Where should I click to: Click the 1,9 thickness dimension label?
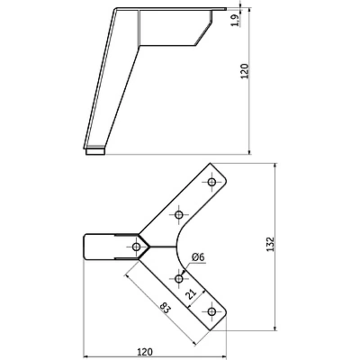pos(236,20)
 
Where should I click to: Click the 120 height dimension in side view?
pos(245,71)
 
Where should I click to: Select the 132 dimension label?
pos(271,244)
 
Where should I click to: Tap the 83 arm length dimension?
pos(166,308)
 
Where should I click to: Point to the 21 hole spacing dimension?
pos(191,294)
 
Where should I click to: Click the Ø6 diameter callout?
pos(198,257)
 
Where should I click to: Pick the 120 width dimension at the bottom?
pos(145,351)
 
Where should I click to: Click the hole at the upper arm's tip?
pos(211,182)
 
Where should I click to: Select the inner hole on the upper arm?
pos(179,215)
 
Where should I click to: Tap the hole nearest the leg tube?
pos(137,247)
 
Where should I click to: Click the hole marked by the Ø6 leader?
pos(179,279)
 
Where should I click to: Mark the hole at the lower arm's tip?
pos(211,311)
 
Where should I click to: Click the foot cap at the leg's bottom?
pos(95,151)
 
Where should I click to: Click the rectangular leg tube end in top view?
pos(98,247)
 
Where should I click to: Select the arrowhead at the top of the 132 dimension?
pos(275,166)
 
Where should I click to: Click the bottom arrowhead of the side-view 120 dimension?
pos(249,151)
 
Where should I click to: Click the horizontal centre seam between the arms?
pos(163,247)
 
